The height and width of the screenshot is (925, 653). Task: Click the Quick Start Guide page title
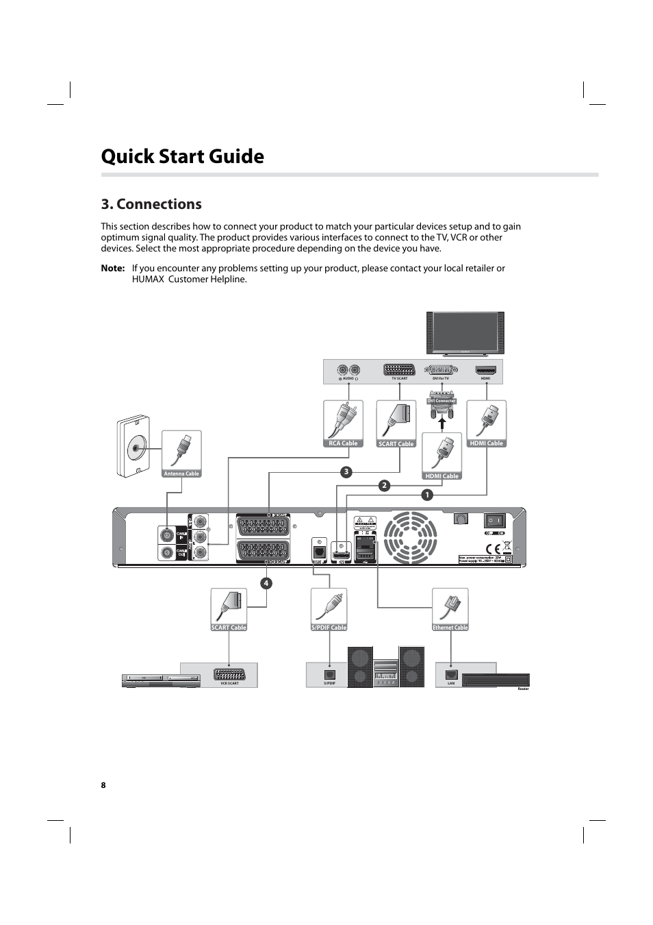tap(182, 156)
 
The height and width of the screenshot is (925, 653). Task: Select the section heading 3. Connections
tap(151, 204)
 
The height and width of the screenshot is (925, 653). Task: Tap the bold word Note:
tap(112, 268)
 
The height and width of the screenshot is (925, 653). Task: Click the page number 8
tap(103, 785)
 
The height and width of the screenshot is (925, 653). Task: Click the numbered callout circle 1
tap(427, 495)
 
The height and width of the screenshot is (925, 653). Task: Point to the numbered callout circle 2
tap(384, 485)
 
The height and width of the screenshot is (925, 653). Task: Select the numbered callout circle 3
tap(346, 471)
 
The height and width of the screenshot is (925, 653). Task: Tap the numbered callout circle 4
tap(266, 583)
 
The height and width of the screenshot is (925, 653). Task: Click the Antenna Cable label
tap(181, 473)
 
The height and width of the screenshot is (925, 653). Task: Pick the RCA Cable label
tap(343, 443)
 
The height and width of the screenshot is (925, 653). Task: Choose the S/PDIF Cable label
tap(329, 627)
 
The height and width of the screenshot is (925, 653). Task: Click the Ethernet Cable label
tap(450, 627)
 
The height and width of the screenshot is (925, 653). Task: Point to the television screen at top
tap(465, 332)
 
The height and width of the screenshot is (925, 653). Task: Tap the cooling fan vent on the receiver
tap(410, 538)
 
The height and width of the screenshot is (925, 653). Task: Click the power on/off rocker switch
tap(494, 521)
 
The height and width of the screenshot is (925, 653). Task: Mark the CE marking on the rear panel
tap(492, 548)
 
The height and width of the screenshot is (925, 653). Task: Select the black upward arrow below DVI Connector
tap(442, 423)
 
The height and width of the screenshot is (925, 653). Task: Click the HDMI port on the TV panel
tap(485, 370)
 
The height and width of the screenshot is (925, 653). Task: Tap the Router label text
tap(523, 689)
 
